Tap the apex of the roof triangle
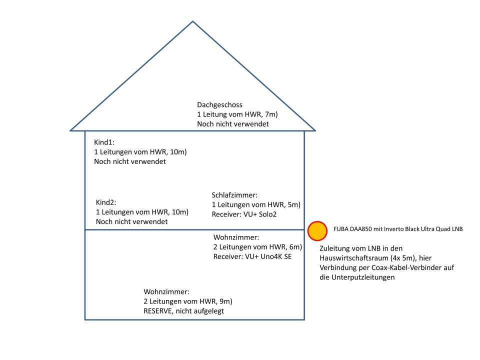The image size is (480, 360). [x=193, y=22]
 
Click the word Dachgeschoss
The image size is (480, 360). [x=219, y=105]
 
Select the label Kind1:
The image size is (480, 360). [x=104, y=142]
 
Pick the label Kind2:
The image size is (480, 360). [x=106, y=202]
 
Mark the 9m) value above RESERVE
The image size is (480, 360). [x=226, y=301]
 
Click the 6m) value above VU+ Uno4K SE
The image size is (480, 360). [x=296, y=247]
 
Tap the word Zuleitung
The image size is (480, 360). [x=337, y=248]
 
